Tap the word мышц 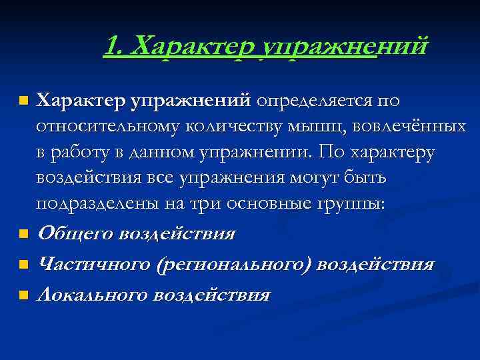coord(299,127)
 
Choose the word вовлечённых coord(400,127)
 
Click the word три coord(201,205)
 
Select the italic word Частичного coord(93,265)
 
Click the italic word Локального coord(91,295)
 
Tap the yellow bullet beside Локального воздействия coord(24,295)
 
